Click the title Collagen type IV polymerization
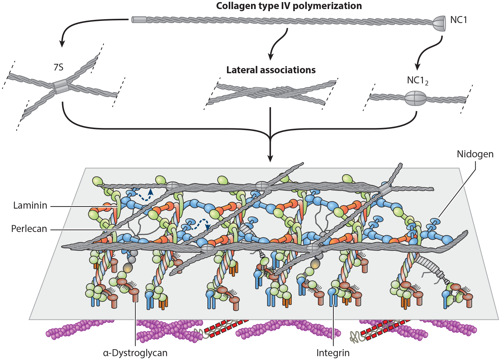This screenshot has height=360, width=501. pos(289,6)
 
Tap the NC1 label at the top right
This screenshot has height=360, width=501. pos(458,20)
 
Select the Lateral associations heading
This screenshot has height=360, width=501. pos(271,70)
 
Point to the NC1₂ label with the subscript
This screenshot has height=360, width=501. pos(417,81)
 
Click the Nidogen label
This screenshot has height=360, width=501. pos(475,154)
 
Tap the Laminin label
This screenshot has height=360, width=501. pos(30,205)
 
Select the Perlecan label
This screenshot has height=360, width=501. pos(29,229)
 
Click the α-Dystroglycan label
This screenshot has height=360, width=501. pos(135,353)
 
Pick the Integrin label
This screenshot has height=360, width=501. pos(333,353)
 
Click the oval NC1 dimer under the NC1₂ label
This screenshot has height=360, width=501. pos(416,98)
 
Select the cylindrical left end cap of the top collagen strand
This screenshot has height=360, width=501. pos(139,20)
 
